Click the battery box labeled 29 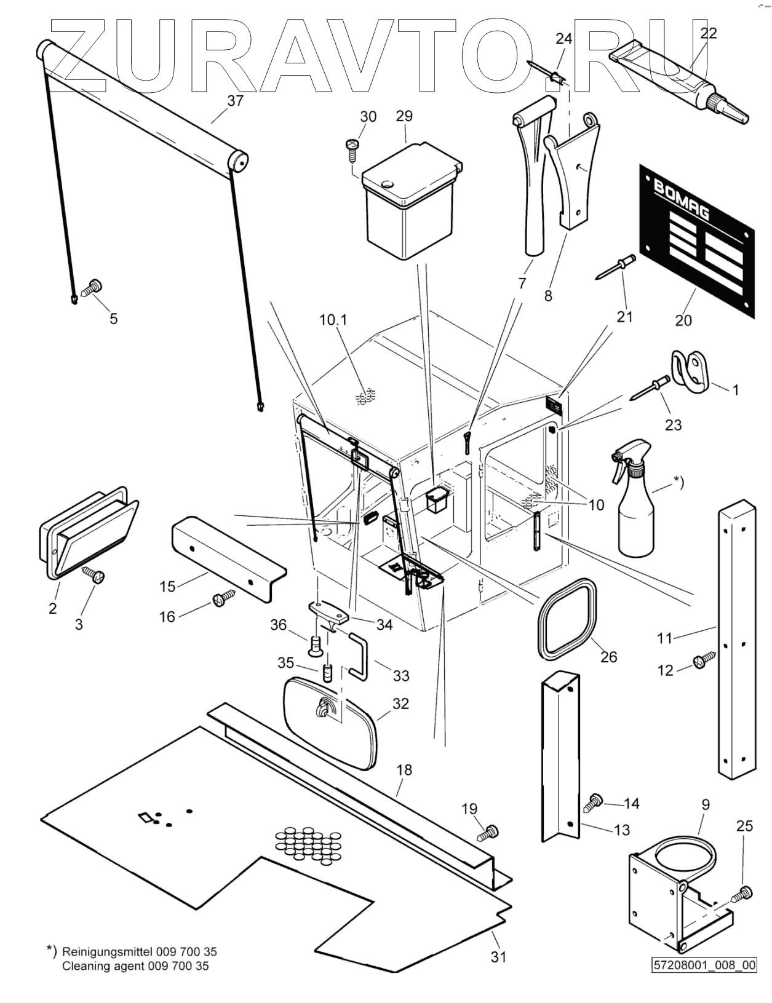[410, 200]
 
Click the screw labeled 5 [94, 287]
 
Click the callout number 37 [235, 101]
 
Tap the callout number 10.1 [334, 320]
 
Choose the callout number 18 [404, 769]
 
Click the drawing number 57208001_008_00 [704, 965]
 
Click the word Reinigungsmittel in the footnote [107, 951]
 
